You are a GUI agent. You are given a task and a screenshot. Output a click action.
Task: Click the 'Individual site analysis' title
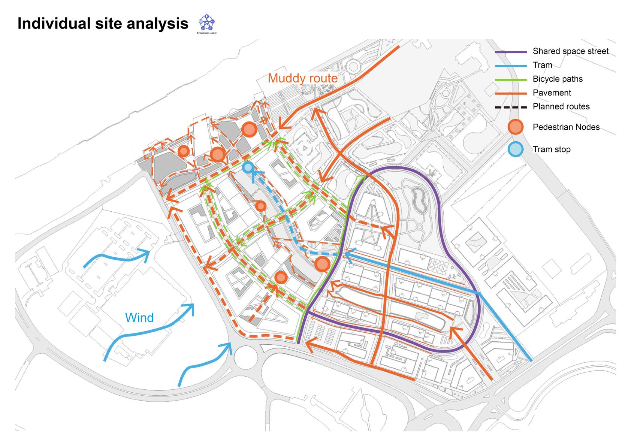[x=103, y=24]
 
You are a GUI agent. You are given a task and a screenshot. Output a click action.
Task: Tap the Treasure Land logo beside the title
[x=206, y=24]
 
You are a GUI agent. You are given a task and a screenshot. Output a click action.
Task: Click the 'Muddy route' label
[x=303, y=78]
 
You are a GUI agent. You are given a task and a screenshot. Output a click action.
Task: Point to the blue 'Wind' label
[x=139, y=318]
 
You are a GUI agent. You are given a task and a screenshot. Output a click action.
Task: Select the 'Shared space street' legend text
[x=570, y=51]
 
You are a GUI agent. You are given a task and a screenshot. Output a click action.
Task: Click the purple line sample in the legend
[x=511, y=52]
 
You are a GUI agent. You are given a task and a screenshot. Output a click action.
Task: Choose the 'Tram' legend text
[x=542, y=65]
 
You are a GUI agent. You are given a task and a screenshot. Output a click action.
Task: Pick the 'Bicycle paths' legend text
[x=558, y=79]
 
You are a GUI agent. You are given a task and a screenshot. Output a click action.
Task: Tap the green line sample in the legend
[x=511, y=79]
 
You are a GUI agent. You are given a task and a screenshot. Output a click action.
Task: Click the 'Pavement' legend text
[x=552, y=93]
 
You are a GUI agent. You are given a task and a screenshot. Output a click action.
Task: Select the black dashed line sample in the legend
[x=511, y=107]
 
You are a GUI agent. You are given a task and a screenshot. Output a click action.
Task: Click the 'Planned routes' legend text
[x=561, y=107]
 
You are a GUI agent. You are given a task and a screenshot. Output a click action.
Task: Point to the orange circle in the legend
[x=516, y=127]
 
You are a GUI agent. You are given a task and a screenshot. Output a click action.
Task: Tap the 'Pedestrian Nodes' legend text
[x=566, y=127]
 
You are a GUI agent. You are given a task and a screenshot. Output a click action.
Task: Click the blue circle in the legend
[x=516, y=149]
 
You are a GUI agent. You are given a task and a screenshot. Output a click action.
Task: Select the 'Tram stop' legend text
[x=552, y=149]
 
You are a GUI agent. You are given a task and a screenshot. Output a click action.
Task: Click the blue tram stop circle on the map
[x=248, y=167]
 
